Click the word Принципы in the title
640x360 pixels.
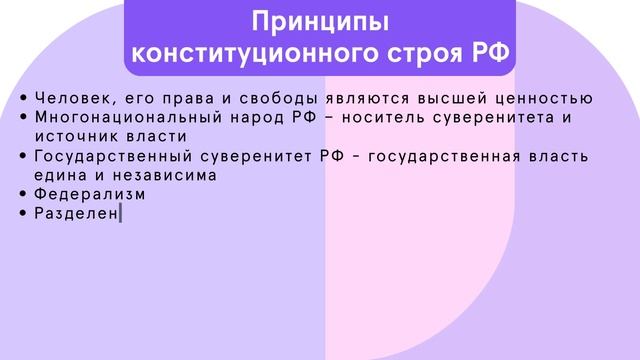point(319,21)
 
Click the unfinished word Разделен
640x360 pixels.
point(76,213)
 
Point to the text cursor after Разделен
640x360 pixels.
point(120,213)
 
